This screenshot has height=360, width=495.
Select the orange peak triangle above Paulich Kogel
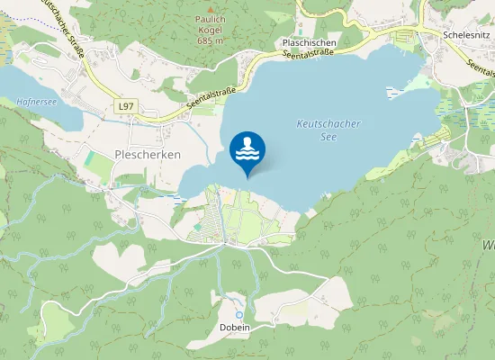(x=210, y=20)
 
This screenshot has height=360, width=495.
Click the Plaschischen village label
(x=309, y=43)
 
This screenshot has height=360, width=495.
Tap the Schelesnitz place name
(x=465, y=33)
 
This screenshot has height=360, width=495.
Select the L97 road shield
(x=125, y=106)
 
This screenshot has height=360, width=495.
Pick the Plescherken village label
(x=148, y=155)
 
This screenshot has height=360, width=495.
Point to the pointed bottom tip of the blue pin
(x=247, y=176)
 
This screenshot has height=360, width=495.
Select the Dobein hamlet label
(x=234, y=327)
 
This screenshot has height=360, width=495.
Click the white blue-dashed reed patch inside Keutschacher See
(x=397, y=90)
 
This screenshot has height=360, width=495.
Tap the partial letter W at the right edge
(x=490, y=243)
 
